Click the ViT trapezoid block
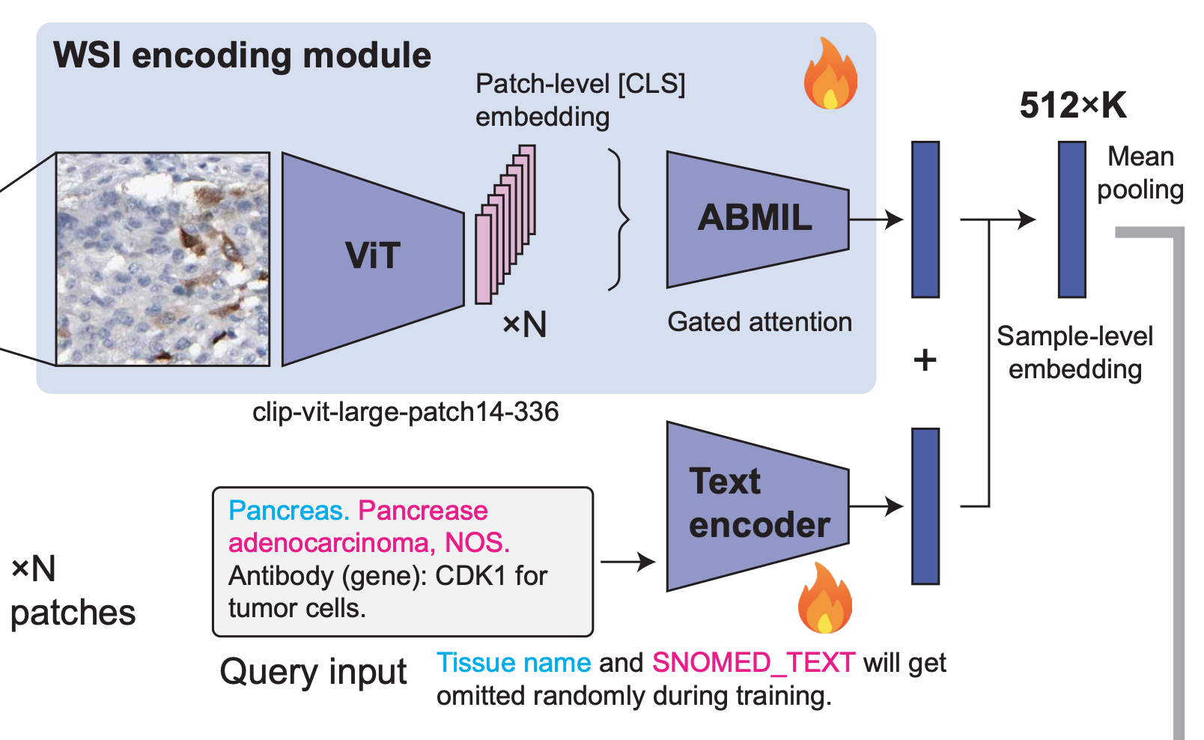[x=373, y=259]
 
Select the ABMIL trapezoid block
[x=758, y=219]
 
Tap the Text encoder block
[x=758, y=506]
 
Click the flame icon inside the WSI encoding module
[x=830, y=73]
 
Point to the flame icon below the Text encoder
[x=824, y=598]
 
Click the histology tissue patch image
[x=163, y=259]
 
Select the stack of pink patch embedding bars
[x=505, y=225]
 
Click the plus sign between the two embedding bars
[x=925, y=360]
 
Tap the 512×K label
[x=1073, y=105]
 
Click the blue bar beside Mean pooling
[x=1071, y=219]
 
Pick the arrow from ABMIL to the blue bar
[x=876, y=219]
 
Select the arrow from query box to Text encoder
[x=627, y=562]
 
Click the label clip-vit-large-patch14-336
[x=406, y=412]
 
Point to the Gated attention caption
[x=759, y=322]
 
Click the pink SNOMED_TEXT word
[x=753, y=663]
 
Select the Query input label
[x=314, y=673]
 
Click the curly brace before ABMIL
[x=618, y=219]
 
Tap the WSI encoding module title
[x=242, y=55]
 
